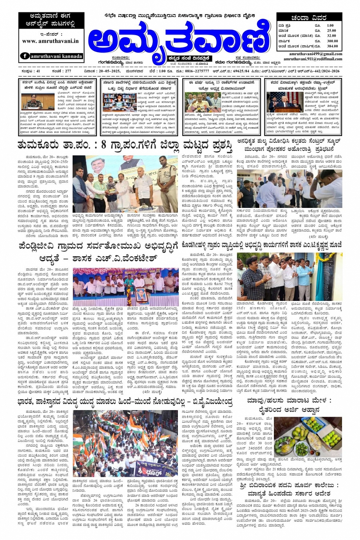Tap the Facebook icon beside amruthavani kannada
pos(25,56)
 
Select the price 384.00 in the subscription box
pos(332,46)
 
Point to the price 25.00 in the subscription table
pos(331,31)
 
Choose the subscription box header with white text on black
pos(309,18)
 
